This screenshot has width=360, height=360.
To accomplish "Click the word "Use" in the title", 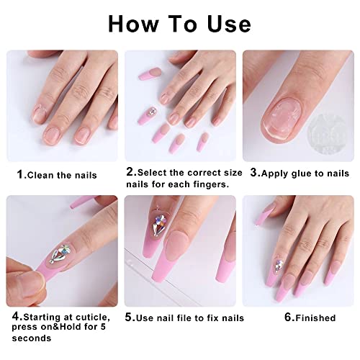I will (x=228, y=23).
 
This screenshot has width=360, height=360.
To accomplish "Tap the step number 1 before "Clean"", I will (x=20, y=175).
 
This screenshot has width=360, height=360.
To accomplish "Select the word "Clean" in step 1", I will (x=40, y=175).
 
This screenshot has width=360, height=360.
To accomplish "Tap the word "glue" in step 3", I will (x=302, y=174).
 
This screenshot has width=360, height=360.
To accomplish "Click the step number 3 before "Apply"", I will (x=255, y=174).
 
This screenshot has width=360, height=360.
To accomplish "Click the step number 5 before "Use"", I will (x=130, y=318).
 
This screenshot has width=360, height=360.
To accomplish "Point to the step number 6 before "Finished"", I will (x=289, y=318).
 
